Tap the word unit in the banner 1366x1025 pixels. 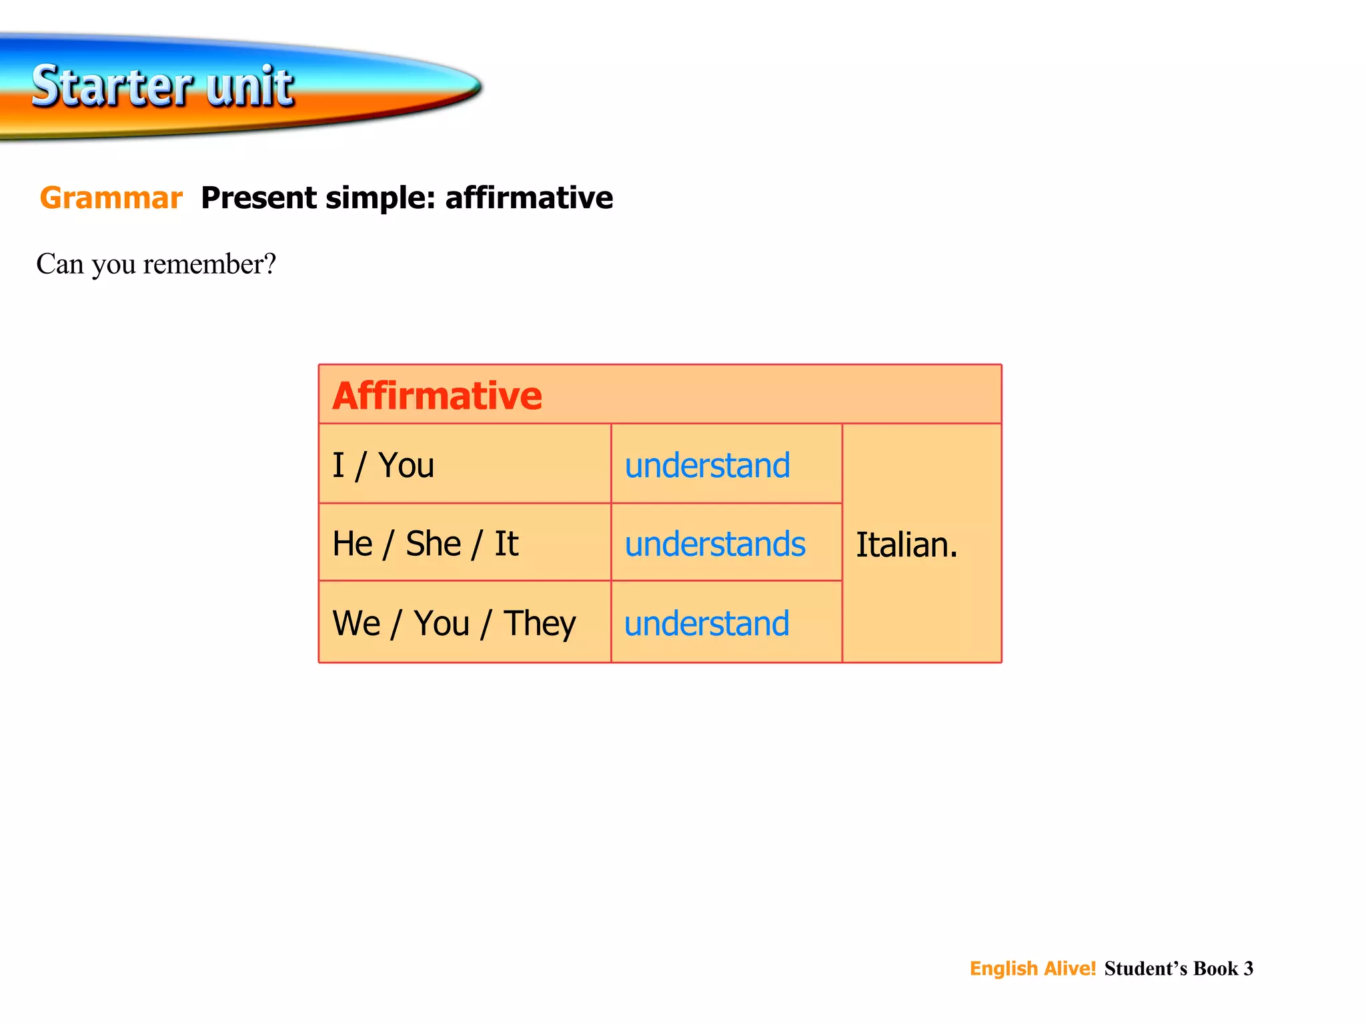(x=249, y=87)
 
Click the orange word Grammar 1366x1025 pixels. (x=111, y=198)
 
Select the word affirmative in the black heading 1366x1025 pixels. (x=528, y=198)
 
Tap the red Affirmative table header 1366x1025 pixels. (x=437, y=396)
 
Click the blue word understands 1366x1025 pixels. (x=715, y=544)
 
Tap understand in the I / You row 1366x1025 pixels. (x=707, y=465)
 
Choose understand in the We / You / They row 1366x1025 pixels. (x=707, y=624)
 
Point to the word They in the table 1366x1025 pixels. (x=539, y=624)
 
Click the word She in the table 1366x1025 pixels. (x=434, y=544)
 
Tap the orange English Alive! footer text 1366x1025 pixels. (x=1033, y=968)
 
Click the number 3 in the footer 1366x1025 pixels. (x=1248, y=968)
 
